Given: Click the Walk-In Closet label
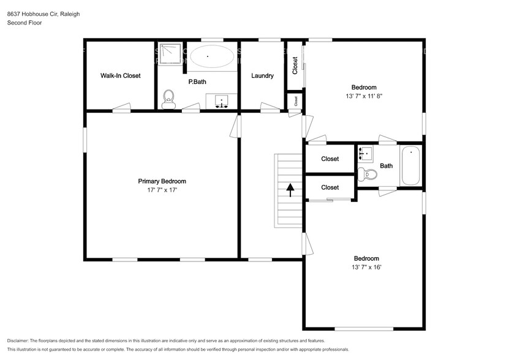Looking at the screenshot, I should [x=120, y=76].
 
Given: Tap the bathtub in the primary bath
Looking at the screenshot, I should [x=211, y=58].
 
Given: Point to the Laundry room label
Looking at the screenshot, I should [x=262, y=76].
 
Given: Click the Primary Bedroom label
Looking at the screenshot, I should [x=162, y=181].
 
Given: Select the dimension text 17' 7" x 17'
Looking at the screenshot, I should [x=162, y=190].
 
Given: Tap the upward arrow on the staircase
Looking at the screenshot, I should [x=289, y=189].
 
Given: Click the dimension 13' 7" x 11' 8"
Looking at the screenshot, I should [x=364, y=96].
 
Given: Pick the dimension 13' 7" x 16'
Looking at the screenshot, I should [x=366, y=267].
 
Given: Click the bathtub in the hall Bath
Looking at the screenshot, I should [x=410, y=165].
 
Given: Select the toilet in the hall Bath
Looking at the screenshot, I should [x=369, y=174].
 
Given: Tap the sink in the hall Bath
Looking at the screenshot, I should [x=367, y=152].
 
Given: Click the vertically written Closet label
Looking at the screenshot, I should [x=295, y=66].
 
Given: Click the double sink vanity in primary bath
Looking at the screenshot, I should [x=221, y=100].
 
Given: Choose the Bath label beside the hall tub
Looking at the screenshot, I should [x=386, y=165].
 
